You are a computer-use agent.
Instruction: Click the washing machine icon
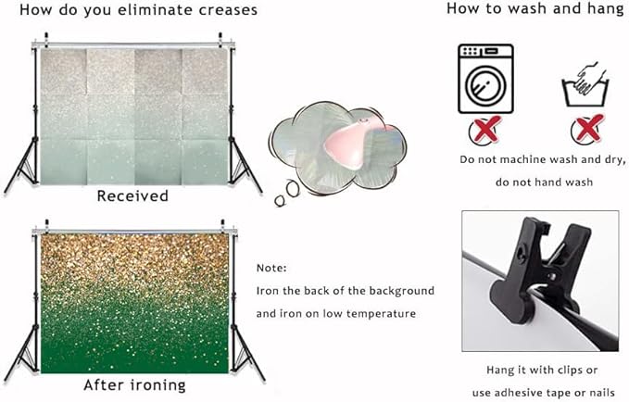485,79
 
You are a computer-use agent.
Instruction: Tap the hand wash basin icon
585,84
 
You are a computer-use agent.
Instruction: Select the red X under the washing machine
485,130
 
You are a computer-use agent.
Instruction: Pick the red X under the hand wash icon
587,129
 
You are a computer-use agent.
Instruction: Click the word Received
132,195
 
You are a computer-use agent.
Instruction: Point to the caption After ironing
135,385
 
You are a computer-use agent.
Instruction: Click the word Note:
271,268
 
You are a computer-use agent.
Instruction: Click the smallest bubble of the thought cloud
280,201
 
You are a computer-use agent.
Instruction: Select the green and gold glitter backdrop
135,304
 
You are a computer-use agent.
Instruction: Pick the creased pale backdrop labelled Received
135,117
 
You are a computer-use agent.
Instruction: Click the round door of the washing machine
485,85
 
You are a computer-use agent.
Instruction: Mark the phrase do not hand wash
544,182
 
